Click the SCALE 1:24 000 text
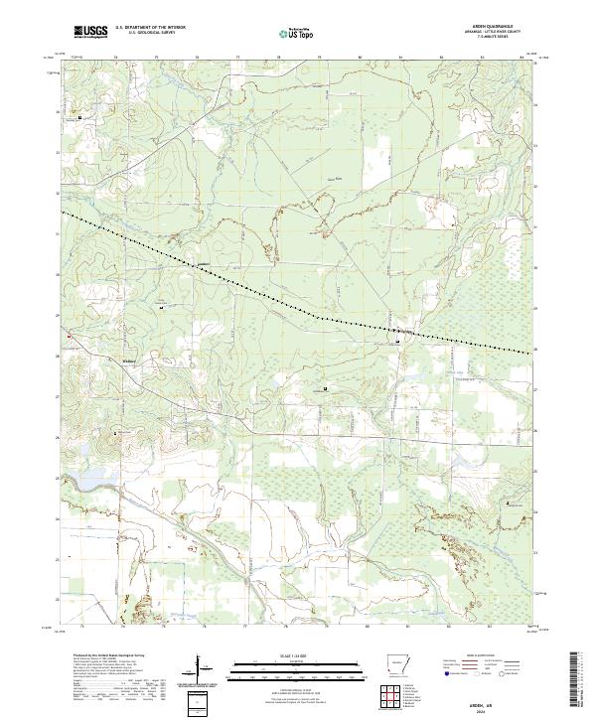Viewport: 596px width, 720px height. (297, 656)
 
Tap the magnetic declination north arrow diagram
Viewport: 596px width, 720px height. (200, 667)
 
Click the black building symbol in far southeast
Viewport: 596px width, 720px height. (512, 504)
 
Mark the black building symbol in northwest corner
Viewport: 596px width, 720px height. (80, 117)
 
